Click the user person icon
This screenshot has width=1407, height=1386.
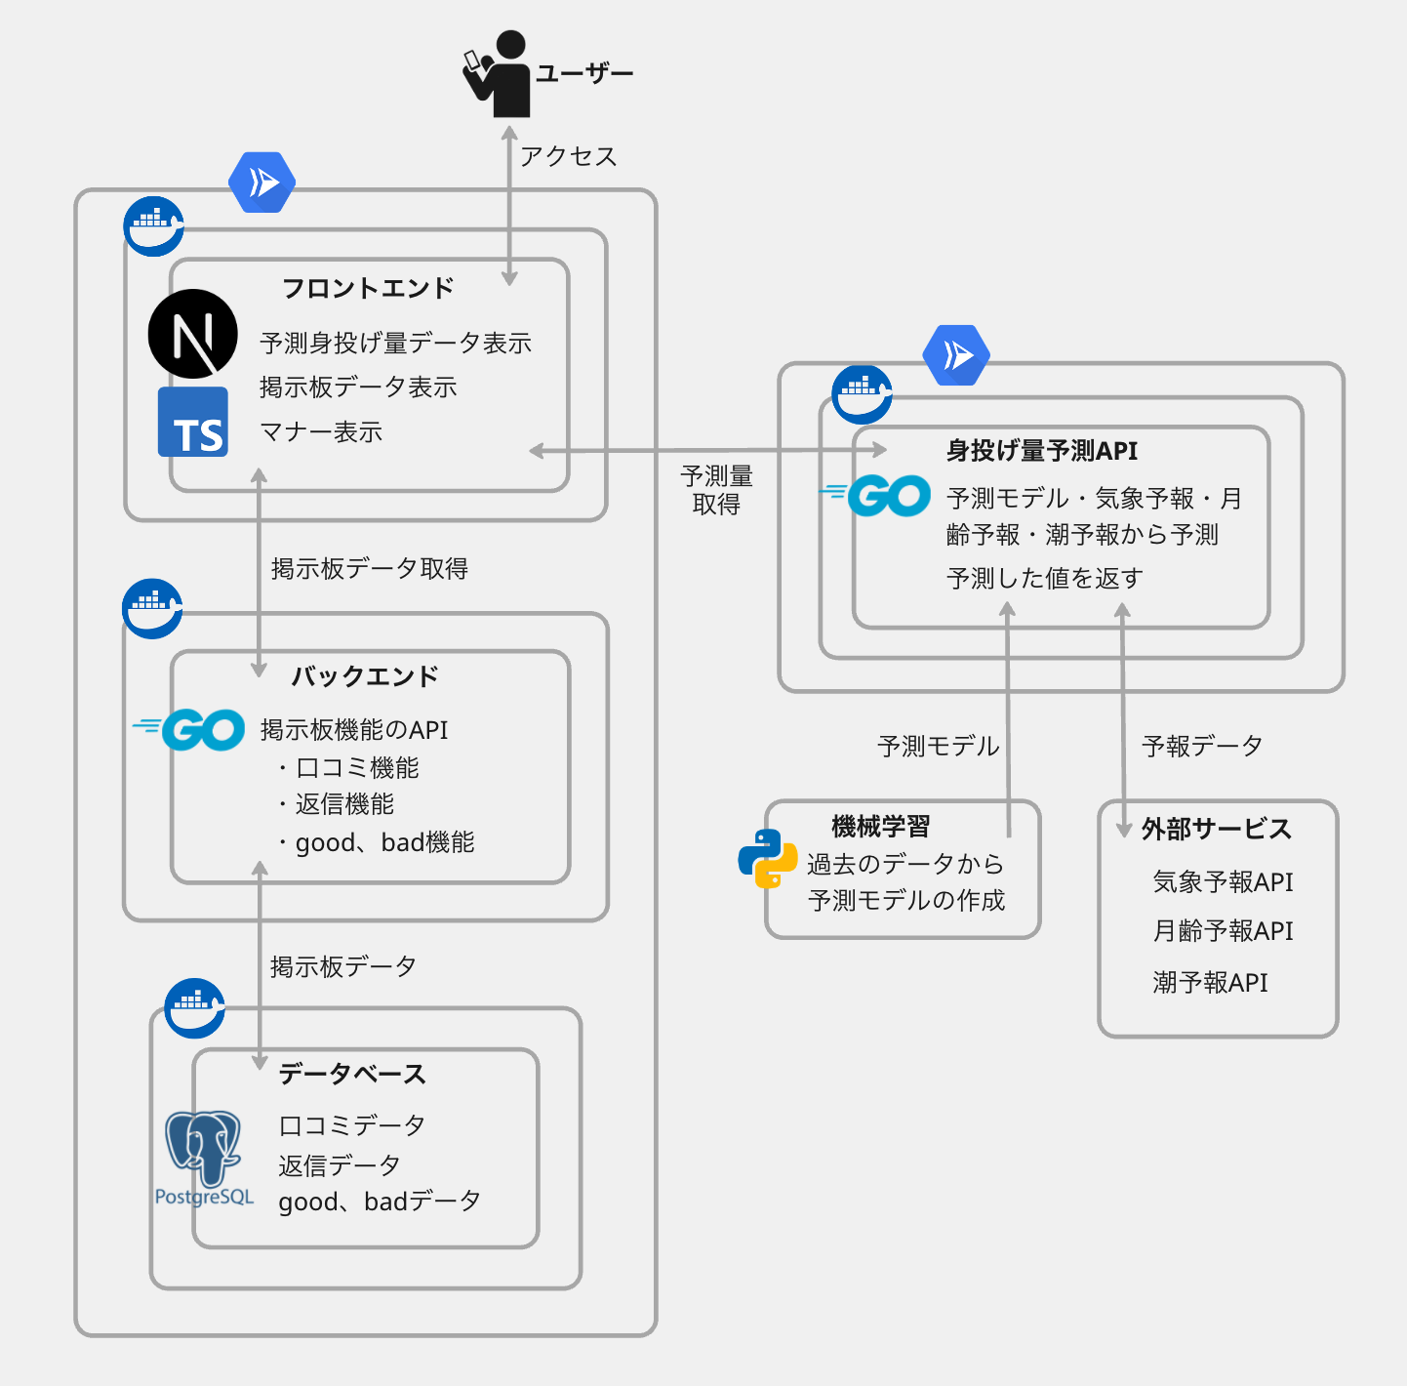[x=500, y=74]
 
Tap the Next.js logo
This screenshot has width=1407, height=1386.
[x=193, y=334]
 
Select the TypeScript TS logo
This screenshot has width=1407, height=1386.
[x=193, y=423]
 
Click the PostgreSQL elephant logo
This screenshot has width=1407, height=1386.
[x=204, y=1152]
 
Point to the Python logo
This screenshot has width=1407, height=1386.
[x=767, y=858]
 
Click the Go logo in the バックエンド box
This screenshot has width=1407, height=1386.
[x=191, y=729]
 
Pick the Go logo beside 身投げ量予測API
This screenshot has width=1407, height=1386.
[x=877, y=496]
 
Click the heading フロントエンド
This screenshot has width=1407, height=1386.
[x=368, y=289]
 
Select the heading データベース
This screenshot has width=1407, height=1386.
[x=352, y=1075]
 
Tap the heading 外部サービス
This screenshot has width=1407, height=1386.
[x=1216, y=830]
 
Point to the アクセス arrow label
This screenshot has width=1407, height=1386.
[x=568, y=156]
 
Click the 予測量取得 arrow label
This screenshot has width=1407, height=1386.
[x=717, y=490]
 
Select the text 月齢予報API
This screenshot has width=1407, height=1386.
[x=1223, y=931]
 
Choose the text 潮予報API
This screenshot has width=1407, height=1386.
[x=1210, y=983]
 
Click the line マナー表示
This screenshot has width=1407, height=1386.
[x=321, y=432]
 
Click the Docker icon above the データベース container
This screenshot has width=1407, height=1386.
[x=194, y=1007]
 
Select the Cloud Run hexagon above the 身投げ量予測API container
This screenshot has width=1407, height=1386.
[x=956, y=355]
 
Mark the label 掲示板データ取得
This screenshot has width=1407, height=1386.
[x=370, y=569]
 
